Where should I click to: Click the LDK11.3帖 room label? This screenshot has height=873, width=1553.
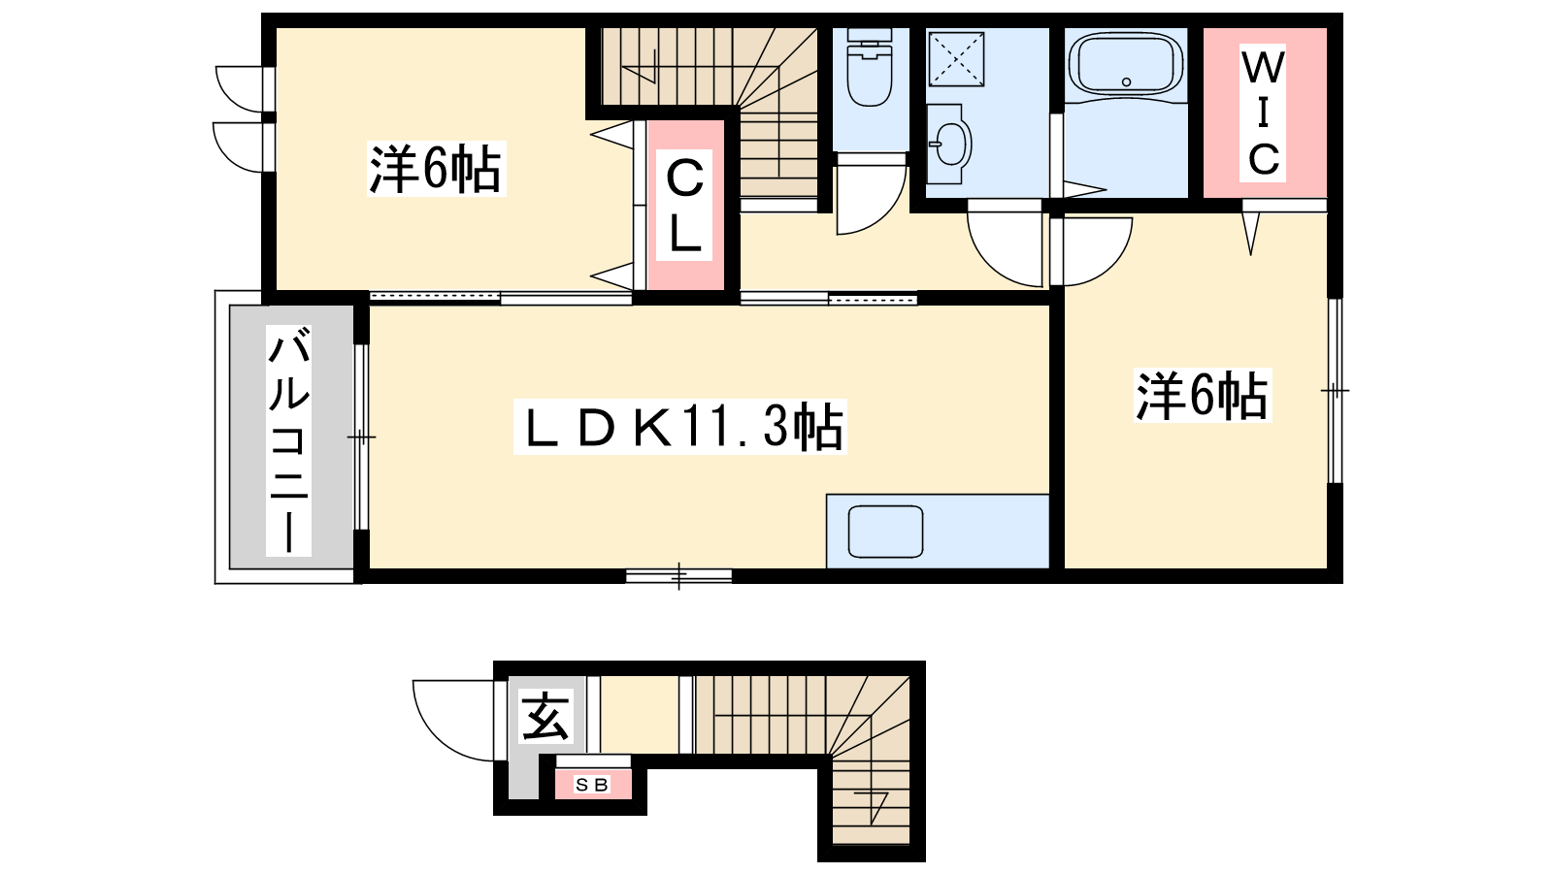pyautogui.click(x=680, y=427)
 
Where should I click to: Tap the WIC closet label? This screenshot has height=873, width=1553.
pyautogui.click(x=1263, y=113)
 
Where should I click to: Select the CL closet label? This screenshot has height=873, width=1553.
pyautogui.click(x=684, y=205)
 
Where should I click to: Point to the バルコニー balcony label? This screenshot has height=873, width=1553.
pyautogui.click(x=288, y=440)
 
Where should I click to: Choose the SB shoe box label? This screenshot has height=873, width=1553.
pyautogui.click(x=593, y=785)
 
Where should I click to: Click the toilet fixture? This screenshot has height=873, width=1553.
pyautogui.click(x=870, y=67)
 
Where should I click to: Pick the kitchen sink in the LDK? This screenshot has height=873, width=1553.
pyautogui.click(x=885, y=532)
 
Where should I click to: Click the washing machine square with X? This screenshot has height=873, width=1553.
pyautogui.click(x=956, y=59)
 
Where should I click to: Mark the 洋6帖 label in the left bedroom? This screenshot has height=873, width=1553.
pyautogui.click(x=436, y=169)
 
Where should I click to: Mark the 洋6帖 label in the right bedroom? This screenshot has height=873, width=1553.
pyautogui.click(x=1203, y=395)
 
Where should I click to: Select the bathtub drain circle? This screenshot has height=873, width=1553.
pyautogui.click(x=1126, y=81)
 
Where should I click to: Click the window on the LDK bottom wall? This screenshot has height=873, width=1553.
pyautogui.click(x=678, y=576)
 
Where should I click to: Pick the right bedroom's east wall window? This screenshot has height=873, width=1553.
pyautogui.click(x=1336, y=391)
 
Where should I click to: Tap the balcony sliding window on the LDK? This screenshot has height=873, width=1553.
pyautogui.click(x=361, y=437)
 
